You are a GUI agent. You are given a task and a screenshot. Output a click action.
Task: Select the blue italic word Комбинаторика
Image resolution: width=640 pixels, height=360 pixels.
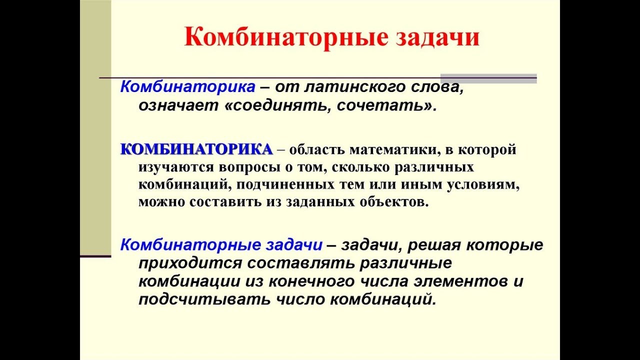point(187,86)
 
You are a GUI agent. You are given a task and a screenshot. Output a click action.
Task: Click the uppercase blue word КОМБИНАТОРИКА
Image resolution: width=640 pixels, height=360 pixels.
point(196,149)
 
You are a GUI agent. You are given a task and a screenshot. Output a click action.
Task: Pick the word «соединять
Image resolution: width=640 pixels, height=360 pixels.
point(278,105)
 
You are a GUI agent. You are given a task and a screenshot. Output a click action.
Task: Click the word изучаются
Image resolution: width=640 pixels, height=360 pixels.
point(176,167)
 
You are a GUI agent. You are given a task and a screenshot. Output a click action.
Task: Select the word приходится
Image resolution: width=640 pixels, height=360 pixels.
point(190,263)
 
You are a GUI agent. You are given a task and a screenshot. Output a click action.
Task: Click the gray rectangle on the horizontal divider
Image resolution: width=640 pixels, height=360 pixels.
point(488,78)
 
